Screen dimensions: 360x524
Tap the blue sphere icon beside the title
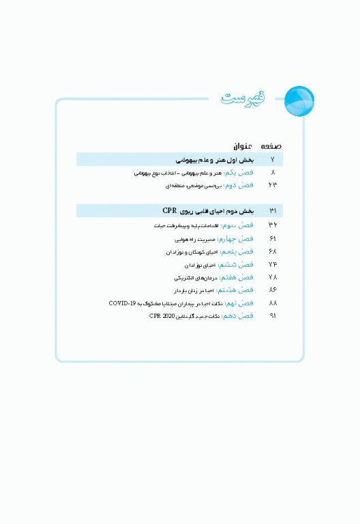[x=299, y=100]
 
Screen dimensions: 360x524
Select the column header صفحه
[x=271, y=146]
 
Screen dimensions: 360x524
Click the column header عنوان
[x=243, y=146]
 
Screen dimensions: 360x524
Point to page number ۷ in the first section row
[x=273, y=160]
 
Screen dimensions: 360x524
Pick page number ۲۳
[x=273, y=186]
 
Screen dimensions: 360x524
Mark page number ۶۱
[x=273, y=239]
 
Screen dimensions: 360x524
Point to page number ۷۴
[x=273, y=264]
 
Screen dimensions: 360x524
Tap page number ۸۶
[x=273, y=290]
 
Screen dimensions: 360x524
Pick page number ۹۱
[x=273, y=316]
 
